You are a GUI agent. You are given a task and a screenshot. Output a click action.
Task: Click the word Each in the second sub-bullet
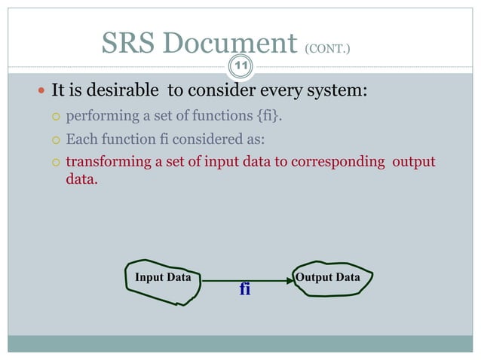[x=81, y=139]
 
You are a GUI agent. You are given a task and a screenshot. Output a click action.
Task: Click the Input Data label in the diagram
[x=163, y=278]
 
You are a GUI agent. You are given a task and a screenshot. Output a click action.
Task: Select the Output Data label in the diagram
[x=328, y=277]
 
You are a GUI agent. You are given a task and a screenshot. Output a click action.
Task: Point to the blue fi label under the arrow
[x=244, y=289]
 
